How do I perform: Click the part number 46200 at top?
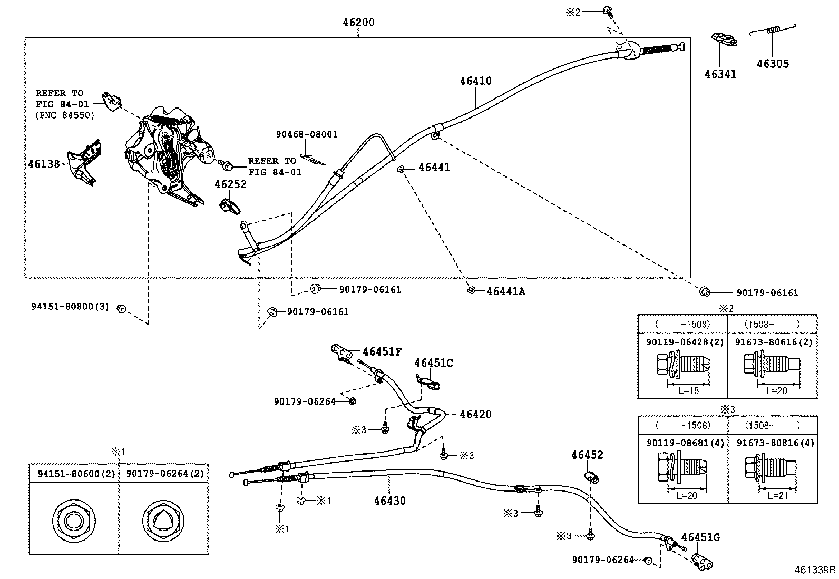tap(358, 22)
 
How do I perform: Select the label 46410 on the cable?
tap(475, 81)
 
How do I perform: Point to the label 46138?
tap(44, 164)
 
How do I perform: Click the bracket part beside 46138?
tap(85, 162)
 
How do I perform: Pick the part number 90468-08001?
tap(306, 135)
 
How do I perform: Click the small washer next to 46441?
tap(401, 169)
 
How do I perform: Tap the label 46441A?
tap(505, 291)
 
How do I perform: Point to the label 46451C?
tap(433, 363)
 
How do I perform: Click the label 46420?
tap(475, 415)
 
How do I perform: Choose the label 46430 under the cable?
tap(390, 501)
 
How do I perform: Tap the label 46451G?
tap(700, 537)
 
